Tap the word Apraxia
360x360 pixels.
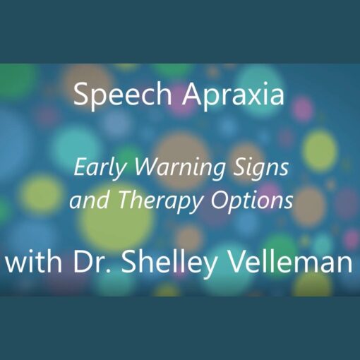(x=233, y=96)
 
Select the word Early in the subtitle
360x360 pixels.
(x=102, y=168)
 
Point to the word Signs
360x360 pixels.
(x=260, y=168)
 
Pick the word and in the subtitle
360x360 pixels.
(x=90, y=200)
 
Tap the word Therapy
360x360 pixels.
(x=162, y=202)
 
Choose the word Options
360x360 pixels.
(x=252, y=202)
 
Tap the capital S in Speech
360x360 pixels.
(x=81, y=95)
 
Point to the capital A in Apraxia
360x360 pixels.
(x=191, y=95)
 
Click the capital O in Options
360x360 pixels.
(x=220, y=200)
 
